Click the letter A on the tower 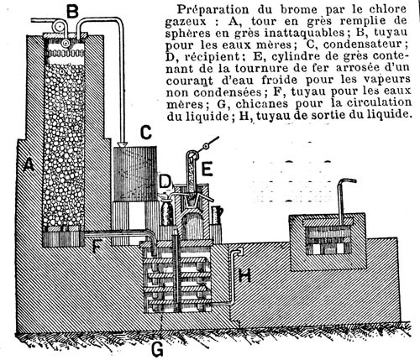point(29,164)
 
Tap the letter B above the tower point(72,12)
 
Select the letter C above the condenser point(145,133)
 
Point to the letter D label point(165,181)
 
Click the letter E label point(207,170)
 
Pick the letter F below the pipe point(97,246)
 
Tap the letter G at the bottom point(157,349)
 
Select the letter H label point(244,275)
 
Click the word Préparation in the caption point(213,10)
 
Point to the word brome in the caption point(299,9)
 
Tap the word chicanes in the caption point(261,104)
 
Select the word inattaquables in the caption point(304,33)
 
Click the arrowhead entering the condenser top point(123,144)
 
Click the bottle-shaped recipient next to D point(167,213)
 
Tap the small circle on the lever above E point(206,146)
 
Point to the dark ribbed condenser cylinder point(135,174)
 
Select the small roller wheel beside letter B point(59,26)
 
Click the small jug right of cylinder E point(217,215)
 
